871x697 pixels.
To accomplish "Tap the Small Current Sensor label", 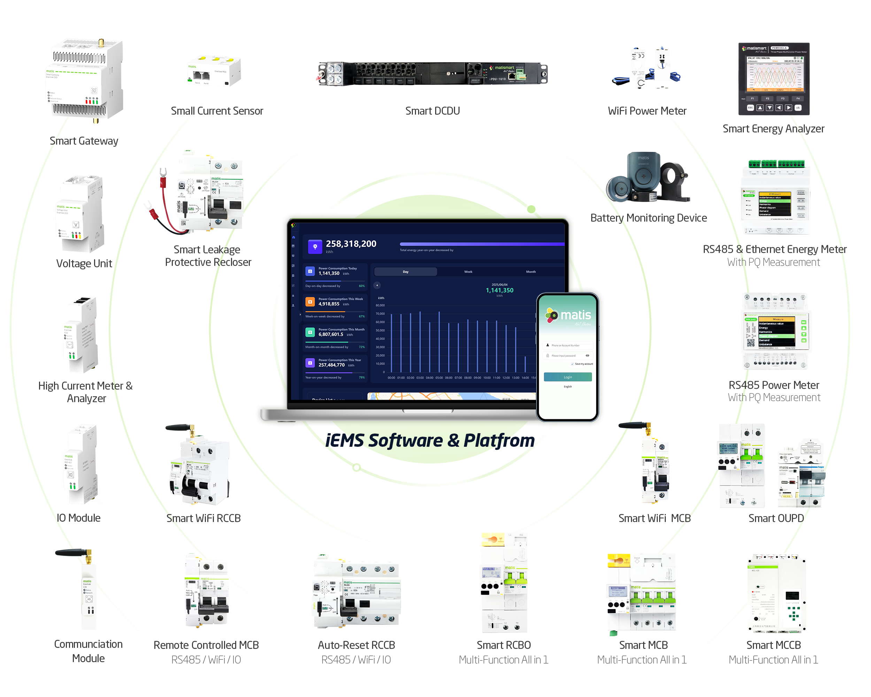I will (217, 111).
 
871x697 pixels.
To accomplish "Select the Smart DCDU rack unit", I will (433, 74).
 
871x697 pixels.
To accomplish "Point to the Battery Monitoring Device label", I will (648, 218).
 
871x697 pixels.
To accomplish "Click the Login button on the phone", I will (568, 377).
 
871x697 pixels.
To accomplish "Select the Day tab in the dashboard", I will (405, 272).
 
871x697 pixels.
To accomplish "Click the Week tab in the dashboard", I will (468, 272).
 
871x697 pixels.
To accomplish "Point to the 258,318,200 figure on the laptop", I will (350, 244).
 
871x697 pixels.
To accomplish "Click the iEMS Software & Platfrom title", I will (430, 441).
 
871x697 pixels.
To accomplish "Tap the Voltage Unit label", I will (84, 264).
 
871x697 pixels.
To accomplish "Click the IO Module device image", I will (81, 465).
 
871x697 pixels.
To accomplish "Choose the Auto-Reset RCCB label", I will (356, 645).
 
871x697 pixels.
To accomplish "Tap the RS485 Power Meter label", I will (774, 385).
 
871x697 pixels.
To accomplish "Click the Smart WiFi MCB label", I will (654, 519).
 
